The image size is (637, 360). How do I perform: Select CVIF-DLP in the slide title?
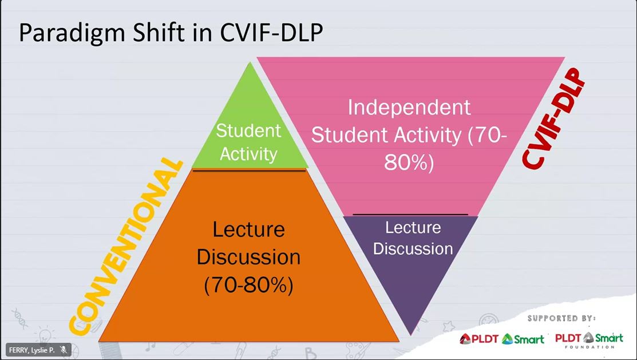pos(271,32)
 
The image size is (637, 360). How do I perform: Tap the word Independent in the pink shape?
pos(409,108)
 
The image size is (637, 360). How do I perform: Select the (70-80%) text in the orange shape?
pos(248,285)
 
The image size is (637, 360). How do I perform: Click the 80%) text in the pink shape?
pos(409,163)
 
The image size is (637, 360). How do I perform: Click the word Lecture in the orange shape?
pos(248,230)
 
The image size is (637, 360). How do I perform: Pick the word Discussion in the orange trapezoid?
pos(248,257)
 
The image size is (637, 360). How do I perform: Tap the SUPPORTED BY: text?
pos(561,318)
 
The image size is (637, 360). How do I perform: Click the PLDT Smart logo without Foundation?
pos(502,338)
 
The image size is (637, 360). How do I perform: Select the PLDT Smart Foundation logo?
pos(589,340)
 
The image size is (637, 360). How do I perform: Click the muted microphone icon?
pos(64,350)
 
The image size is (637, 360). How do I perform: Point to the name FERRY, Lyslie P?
pos(31,350)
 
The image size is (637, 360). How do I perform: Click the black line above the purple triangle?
pos(410,214)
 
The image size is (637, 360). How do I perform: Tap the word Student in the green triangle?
pos(248,130)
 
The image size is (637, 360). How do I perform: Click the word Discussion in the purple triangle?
pos(413,248)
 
